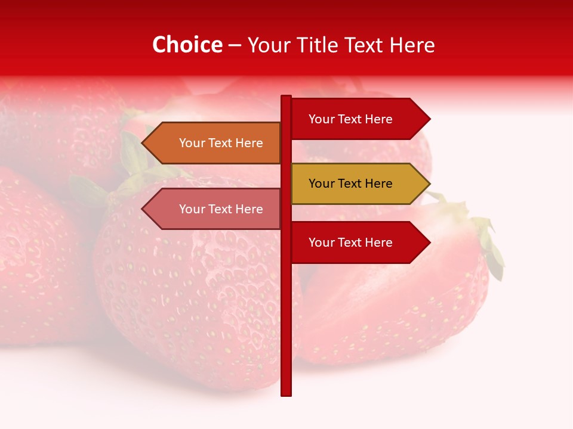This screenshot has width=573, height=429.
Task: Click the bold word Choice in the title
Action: pyautogui.click(x=187, y=45)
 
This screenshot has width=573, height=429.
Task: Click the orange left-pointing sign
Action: pyautogui.click(x=215, y=143)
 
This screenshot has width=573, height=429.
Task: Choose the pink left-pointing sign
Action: pyautogui.click(x=215, y=209)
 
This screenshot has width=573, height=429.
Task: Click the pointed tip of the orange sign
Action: pyautogui.click(x=143, y=143)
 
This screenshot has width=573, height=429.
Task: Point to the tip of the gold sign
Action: pyautogui.click(x=429, y=184)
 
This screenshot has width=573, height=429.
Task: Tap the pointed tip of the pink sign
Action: pyautogui.click(x=143, y=209)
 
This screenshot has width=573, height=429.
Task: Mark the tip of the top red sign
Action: pyautogui.click(x=429, y=119)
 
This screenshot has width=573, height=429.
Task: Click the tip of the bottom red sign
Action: pyautogui.click(x=429, y=243)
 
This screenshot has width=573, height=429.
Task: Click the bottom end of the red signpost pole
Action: pyautogui.click(x=286, y=393)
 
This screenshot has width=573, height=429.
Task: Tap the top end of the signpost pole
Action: pyautogui.click(x=286, y=97)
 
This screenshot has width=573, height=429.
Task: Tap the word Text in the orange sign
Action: pyautogui.click(x=221, y=143)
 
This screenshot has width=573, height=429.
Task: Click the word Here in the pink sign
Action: pyautogui.click(x=249, y=209)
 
